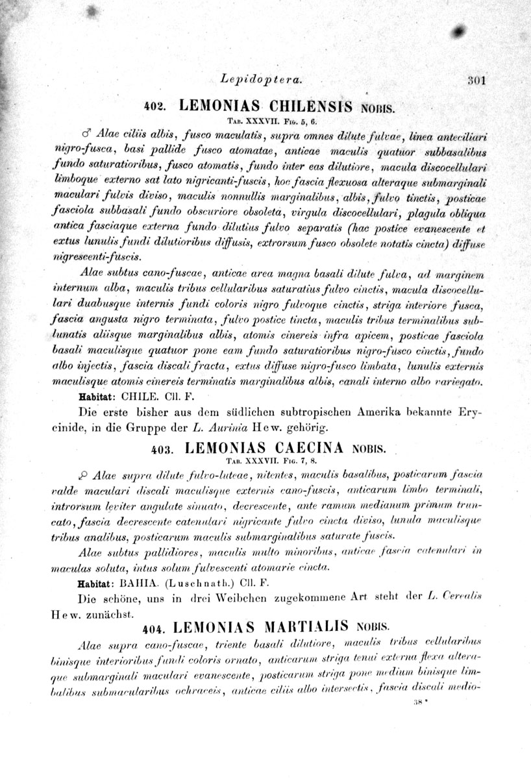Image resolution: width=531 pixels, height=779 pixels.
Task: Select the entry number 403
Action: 160,449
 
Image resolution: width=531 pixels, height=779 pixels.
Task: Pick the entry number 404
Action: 154,629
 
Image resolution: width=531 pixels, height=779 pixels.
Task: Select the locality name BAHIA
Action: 145,583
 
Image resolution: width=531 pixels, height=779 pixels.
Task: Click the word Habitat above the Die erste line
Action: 97,397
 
